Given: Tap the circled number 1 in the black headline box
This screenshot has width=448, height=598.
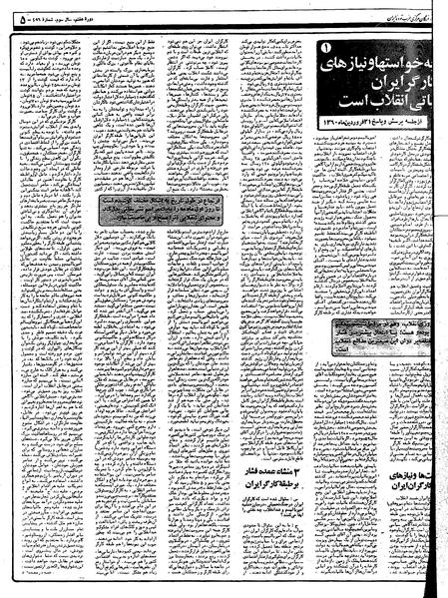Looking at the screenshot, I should [334, 48].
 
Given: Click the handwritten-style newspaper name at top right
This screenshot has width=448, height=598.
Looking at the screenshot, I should [399, 17].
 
